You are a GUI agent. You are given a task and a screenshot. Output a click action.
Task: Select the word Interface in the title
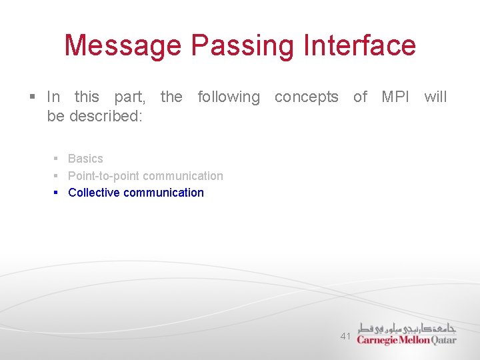click(359, 46)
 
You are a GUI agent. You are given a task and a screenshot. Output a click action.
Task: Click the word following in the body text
click(229, 97)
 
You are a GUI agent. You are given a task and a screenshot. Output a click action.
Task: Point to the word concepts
click(306, 97)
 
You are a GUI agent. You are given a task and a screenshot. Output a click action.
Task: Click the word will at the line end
click(435, 97)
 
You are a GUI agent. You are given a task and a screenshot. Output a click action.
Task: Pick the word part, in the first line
click(130, 97)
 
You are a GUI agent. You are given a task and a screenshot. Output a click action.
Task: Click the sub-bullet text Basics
click(85, 159)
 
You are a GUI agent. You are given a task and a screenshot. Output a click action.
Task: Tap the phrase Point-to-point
click(104, 176)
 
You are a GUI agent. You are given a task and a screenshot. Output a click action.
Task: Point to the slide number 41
click(345, 336)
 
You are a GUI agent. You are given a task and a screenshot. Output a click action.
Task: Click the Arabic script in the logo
click(406, 327)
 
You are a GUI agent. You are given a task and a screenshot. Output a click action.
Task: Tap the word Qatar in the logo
click(444, 340)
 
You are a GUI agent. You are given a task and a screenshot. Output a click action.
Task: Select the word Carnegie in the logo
click(377, 340)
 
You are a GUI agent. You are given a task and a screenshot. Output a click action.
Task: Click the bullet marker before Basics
click(57, 159)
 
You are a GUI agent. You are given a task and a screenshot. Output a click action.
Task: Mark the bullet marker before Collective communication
click(57, 193)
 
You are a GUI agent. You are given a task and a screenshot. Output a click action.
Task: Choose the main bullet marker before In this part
click(33, 97)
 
